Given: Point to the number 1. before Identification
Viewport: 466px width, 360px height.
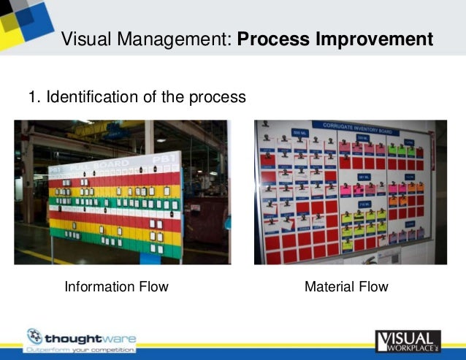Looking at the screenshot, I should pyautogui.click(x=34, y=97).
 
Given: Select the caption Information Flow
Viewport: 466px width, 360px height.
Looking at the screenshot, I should pyautogui.click(x=116, y=287).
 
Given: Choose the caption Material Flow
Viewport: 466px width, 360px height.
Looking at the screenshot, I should pyautogui.click(x=346, y=287).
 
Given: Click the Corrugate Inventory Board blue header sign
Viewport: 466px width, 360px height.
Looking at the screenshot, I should pyautogui.click(x=351, y=126).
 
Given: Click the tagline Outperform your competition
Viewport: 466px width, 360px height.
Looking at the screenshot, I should pyautogui.click(x=80, y=351).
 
